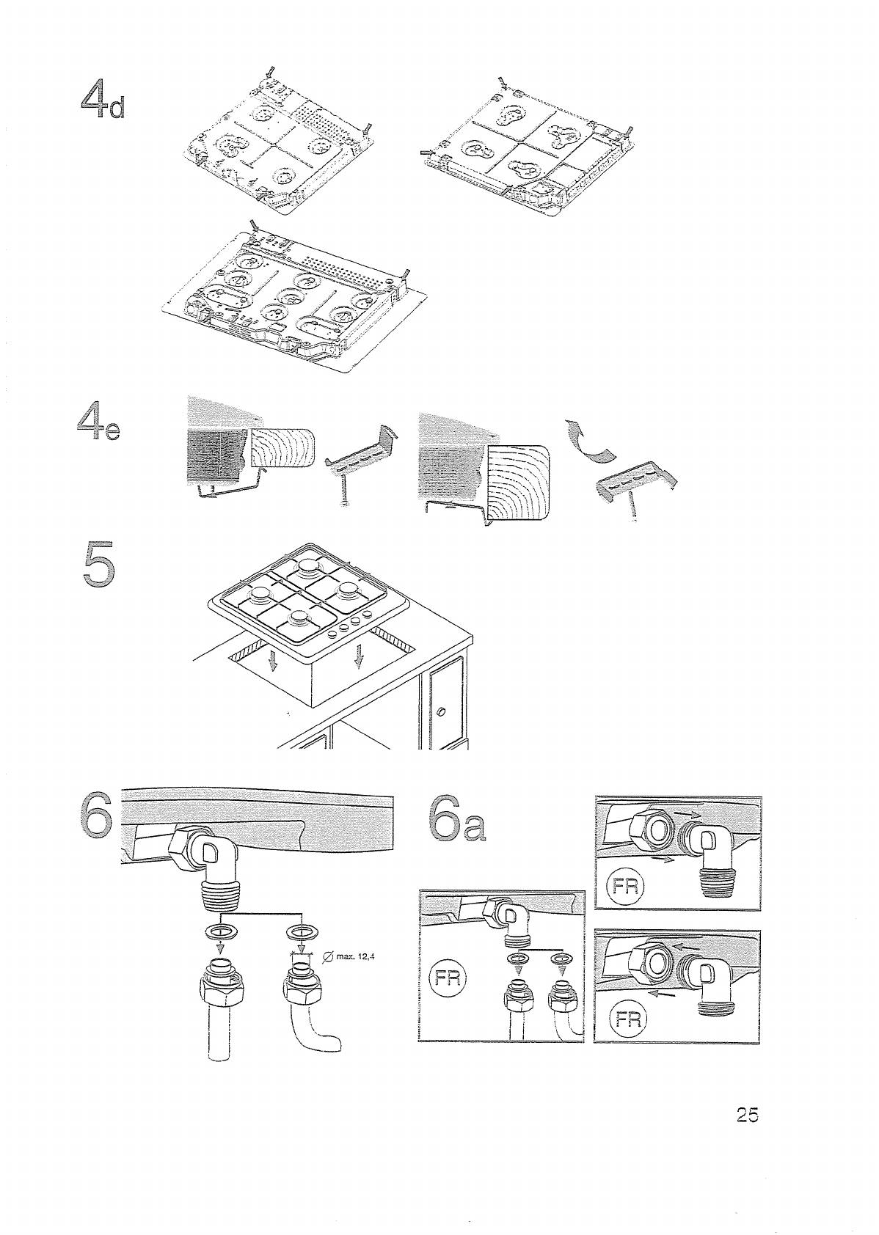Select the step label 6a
point(456,820)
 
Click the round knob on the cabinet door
point(442,711)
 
